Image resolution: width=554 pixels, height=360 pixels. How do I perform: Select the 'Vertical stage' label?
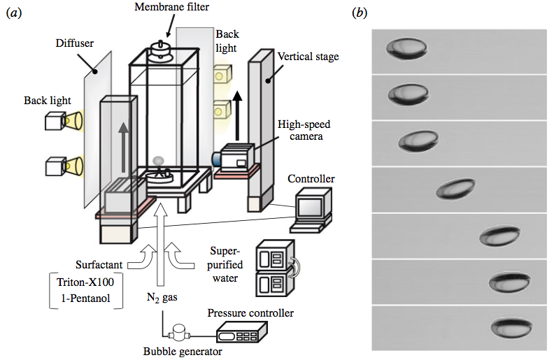308,56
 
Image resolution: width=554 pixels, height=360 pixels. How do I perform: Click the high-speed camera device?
238,157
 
